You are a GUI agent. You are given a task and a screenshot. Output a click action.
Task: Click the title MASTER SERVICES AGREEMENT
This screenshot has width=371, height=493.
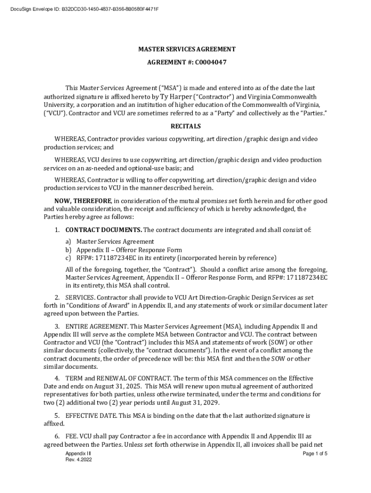(187, 49)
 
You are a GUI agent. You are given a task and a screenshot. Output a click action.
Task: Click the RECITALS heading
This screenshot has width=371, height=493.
(185, 127)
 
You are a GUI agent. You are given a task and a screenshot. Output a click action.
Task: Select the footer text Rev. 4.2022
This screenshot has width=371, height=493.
(79, 460)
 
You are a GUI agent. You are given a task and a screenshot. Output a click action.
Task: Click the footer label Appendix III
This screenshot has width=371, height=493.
(78, 454)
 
